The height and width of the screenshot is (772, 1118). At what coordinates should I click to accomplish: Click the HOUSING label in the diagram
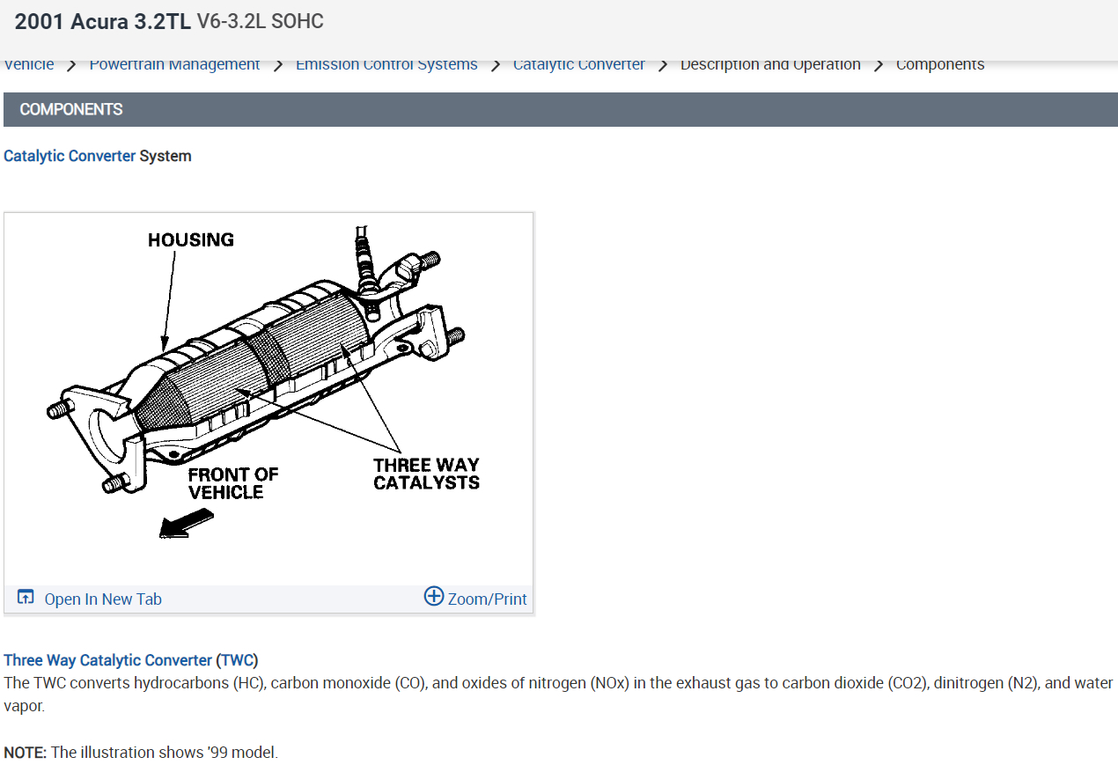pos(190,239)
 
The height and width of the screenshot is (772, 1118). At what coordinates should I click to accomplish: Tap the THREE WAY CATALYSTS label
pos(426,474)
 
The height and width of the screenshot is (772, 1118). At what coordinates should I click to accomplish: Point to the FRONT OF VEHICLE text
pos(232,482)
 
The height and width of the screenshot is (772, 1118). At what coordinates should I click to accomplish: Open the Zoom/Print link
pos(487,599)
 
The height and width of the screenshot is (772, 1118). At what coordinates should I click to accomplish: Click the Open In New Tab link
pos(103,599)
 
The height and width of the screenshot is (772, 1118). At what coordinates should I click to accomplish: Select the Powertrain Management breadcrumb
pos(174,65)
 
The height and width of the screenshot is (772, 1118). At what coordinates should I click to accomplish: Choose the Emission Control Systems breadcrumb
pos(386,65)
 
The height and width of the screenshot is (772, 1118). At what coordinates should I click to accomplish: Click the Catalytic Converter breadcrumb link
pos(578,65)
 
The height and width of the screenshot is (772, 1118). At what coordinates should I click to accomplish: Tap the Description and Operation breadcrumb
pos(770,65)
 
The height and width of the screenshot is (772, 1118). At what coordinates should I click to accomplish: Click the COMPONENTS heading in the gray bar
pos(71,109)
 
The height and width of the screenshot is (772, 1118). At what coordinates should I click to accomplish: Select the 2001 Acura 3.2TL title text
pos(102,22)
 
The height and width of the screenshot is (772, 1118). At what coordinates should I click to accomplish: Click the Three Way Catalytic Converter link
pos(107,659)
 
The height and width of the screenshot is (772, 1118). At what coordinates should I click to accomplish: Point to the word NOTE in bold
pos(26,752)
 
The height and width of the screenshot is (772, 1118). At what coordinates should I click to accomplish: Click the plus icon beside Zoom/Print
pos(433,596)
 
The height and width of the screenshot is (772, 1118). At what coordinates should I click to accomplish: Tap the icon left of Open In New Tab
pos(26,598)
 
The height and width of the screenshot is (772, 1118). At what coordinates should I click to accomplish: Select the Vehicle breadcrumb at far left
pos(29,65)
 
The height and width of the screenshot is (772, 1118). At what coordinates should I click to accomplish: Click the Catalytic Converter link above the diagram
pos(70,156)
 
